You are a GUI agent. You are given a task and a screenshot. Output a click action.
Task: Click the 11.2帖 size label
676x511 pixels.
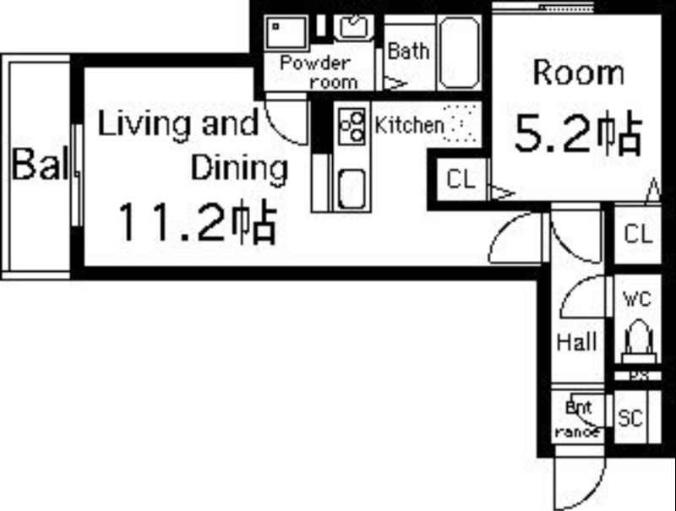(195, 222)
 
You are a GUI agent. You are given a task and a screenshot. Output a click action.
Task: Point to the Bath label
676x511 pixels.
(407, 51)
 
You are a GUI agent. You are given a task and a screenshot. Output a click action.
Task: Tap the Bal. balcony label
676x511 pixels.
(39, 165)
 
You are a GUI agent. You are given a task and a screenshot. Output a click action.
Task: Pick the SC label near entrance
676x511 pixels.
(630, 418)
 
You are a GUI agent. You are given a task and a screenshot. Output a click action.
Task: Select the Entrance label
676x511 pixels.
(579, 418)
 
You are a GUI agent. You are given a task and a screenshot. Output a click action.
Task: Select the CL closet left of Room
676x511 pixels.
(461, 179)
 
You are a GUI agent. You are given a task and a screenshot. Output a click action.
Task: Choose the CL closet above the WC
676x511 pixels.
(638, 234)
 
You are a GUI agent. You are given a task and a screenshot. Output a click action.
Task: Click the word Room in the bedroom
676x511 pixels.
(578, 73)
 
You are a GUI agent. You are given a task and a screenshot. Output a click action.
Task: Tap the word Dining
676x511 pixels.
(239, 168)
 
